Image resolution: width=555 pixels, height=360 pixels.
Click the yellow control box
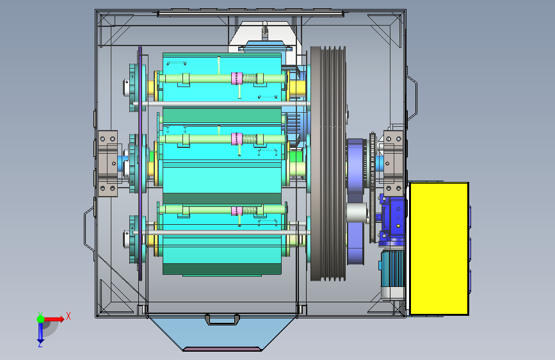click(x=439, y=249)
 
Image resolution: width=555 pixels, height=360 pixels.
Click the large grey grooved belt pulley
click(x=328, y=163)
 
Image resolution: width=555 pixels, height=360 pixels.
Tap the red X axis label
click(x=68, y=316)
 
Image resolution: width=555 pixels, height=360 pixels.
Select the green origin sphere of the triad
click(x=40, y=319)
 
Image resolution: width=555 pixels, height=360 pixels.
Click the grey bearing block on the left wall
click(x=108, y=163)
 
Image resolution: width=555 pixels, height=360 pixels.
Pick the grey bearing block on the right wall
click(x=393, y=163)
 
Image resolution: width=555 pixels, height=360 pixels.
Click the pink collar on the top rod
click(x=236, y=78)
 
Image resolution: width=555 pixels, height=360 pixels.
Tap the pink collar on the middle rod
click(x=236, y=139)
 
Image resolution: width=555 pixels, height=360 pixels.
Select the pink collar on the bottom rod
click(x=236, y=211)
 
